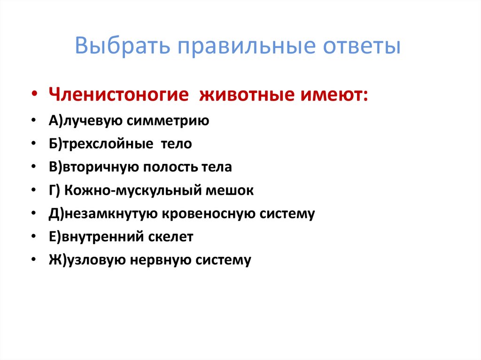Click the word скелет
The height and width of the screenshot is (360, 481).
[171, 237]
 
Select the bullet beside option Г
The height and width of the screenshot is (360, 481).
[35, 191]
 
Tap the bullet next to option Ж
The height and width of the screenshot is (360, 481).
[35, 260]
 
